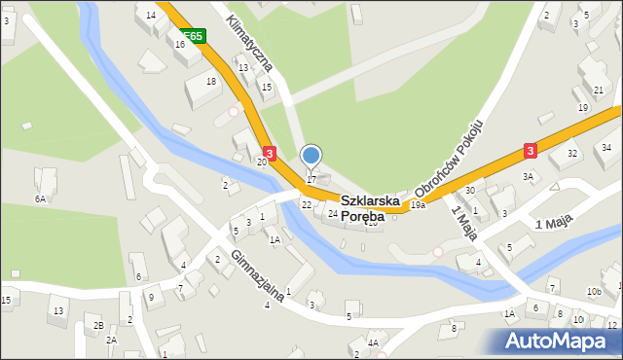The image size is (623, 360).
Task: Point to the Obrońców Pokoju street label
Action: (450, 156)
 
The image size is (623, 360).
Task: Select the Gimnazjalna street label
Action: (258, 275)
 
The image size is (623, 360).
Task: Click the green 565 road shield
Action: (194, 36)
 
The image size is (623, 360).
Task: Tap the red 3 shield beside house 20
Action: (270, 152)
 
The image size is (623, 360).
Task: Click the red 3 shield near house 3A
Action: (530, 151)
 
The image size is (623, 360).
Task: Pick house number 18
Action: (212, 81)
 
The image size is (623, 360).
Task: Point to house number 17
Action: (311, 180)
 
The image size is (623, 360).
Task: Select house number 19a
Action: (418, 204)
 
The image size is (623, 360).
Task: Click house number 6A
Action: (40, 198)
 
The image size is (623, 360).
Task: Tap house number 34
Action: (605, 147)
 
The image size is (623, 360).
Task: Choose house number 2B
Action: (98, 324)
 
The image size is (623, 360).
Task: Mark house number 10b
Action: (594, 292)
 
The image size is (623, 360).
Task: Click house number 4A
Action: (373, 342)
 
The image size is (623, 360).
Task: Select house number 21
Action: (598, 90)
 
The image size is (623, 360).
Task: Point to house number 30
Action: (469, 191)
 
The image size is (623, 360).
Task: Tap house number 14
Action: (151, 16)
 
